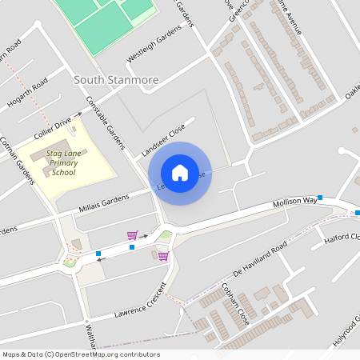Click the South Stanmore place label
(116, 80)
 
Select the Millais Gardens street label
(103, 203)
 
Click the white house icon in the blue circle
(180, 173)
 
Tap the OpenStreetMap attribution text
(81, 354)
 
